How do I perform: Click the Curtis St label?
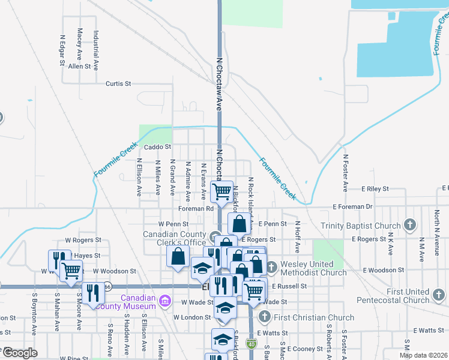pos(118,84)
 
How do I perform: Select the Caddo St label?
pos(158,146)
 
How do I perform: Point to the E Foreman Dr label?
pos(353,207)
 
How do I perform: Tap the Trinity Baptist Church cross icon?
pos(410,226)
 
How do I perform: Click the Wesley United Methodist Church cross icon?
pos(271,266)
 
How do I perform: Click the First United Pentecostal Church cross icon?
pos(439,295)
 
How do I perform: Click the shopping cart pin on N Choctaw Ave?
pos(222,191)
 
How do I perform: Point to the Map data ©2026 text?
pos(424,355)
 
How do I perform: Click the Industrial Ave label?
pos(95,52)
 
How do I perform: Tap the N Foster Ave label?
pos(346,173)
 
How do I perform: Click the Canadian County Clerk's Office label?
pos(174,238)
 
